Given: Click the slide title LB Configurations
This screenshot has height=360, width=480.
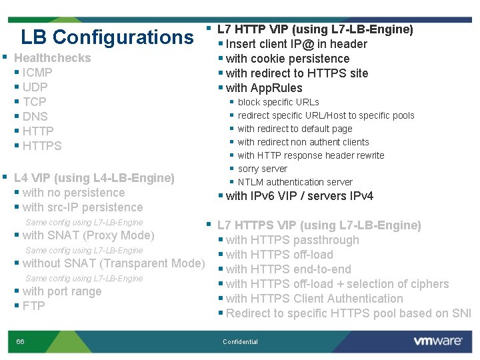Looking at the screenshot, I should tap(107, 37).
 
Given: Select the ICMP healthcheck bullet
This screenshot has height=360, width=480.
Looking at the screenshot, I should tap(37, 73).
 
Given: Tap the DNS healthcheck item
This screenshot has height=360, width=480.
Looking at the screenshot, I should tap(35, 117).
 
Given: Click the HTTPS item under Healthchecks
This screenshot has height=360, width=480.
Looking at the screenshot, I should tap(41, 146).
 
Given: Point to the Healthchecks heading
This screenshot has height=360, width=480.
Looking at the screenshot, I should tap(52, 58).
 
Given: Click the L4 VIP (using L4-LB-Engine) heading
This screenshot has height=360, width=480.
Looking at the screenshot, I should tap(94, 178).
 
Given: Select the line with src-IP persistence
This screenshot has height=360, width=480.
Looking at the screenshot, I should tap(82, 207).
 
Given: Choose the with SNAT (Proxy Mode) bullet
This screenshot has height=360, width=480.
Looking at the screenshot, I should tap(88, 235).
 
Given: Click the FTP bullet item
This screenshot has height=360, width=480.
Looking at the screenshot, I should tap(33, 306).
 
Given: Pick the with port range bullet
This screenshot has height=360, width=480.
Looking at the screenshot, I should tap(61, 291).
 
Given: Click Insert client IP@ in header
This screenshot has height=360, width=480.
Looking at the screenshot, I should tap(296, 44).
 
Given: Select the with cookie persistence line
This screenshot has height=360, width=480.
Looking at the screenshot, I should tap(287, 59).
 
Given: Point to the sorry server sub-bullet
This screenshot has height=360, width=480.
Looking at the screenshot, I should tap(262, 169).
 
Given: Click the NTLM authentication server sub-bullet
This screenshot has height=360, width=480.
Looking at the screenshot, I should tap(295, 182).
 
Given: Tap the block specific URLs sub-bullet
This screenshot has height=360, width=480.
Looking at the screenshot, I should tap(278, 102).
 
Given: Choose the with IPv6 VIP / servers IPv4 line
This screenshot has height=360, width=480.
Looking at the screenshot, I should tap(299, 196).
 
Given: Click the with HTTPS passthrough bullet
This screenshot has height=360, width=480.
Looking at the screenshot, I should tap(292, 240).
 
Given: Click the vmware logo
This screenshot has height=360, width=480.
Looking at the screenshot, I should tap(437, 341).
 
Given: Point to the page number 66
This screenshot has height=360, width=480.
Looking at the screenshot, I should tap(21, 323).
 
